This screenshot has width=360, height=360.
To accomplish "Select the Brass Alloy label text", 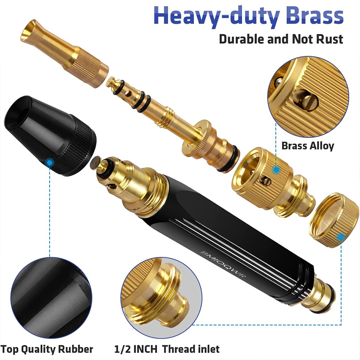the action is pos(308,146).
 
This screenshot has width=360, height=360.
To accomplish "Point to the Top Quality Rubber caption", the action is pos(47,349).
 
